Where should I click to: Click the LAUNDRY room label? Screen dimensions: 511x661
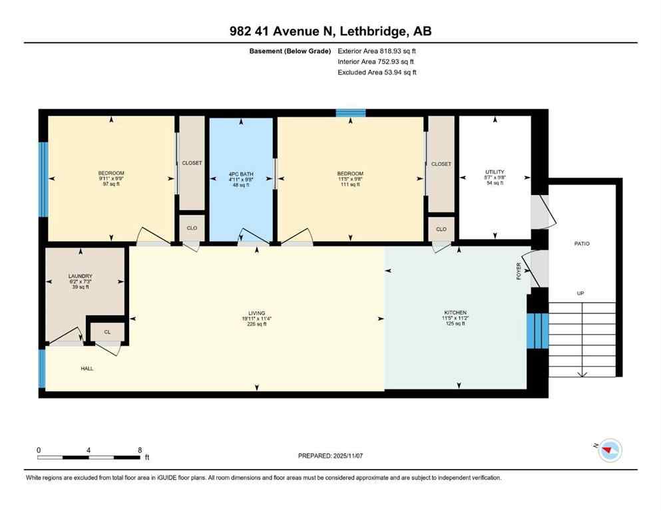[79, 276]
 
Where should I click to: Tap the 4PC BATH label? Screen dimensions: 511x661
[241, 174]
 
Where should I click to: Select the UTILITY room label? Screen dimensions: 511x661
[495, 172]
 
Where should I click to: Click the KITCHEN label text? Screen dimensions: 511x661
[455, 313]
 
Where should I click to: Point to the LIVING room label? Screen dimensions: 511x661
[257, 313]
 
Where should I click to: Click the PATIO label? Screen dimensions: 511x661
[582, 244]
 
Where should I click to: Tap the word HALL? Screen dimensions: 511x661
[87, 368]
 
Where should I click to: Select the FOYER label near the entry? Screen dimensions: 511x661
[519, 270]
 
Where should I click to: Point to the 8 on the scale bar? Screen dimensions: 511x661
[138, 450]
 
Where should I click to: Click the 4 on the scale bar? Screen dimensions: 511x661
[89, 450]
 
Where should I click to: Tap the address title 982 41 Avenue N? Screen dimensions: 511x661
[330, 31]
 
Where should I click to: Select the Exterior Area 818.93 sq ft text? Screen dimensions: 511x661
[377, 51]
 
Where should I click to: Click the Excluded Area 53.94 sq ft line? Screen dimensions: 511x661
[377, 73]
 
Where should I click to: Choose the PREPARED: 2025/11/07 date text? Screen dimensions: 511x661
[330, 456]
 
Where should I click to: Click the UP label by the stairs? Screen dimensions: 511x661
[581, 293]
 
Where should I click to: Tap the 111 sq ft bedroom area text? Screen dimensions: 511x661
[350, 184]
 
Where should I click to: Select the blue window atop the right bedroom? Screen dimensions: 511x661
[350, 113]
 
